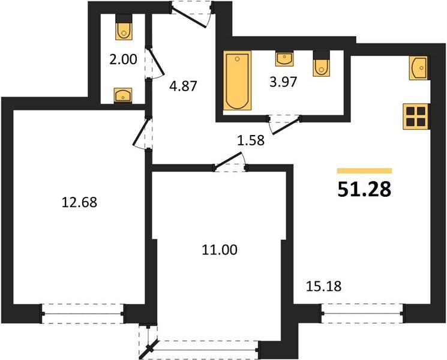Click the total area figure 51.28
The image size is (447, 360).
[364, 190]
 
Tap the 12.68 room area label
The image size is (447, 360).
[79, 203]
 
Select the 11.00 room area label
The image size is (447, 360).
[219, 250]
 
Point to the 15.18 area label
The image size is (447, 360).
[323, 286]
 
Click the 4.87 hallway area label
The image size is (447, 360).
[183, 86]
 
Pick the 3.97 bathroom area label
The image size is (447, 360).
[283, 82]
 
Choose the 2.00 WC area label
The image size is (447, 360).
[123, 59]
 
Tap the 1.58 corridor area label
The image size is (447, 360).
[251, 140]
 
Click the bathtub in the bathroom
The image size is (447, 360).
[238, 80]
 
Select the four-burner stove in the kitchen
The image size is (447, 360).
[416, 116]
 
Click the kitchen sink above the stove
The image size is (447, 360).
[419, 68]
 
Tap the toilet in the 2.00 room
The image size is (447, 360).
[124, 27]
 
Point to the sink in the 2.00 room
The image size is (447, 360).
[123, 95]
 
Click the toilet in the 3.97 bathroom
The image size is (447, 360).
[321, 64]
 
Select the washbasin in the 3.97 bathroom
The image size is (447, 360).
[284, 58]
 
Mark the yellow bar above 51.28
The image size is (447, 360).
[364, 171]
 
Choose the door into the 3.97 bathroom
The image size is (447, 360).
[284, 124]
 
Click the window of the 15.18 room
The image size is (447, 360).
[362, 314]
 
